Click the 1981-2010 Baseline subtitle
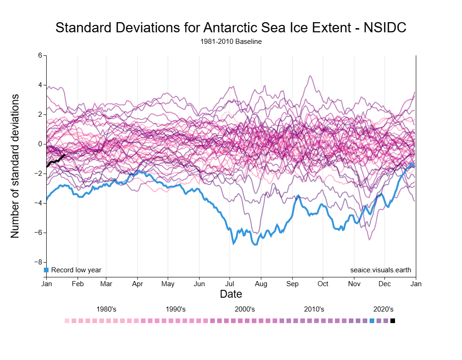[231, 42]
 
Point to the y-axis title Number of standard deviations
[15, 166]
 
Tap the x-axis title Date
[231, 294]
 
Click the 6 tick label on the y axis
[40, 55]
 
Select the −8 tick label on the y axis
[39, 262]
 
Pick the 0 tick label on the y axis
[40, 144]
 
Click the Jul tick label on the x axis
[230, 284]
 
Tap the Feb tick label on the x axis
[78, 284]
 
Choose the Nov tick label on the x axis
[354, 284]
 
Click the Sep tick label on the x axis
[292, 284]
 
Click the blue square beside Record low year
[46, 270]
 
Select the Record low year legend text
[76, 270]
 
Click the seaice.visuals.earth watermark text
[381, 270]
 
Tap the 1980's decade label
[106, 309]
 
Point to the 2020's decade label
[383, 309]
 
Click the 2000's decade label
[245, 309]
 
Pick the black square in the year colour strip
[393, 321]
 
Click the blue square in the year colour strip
[372, 321]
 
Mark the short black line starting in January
[56, 160]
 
